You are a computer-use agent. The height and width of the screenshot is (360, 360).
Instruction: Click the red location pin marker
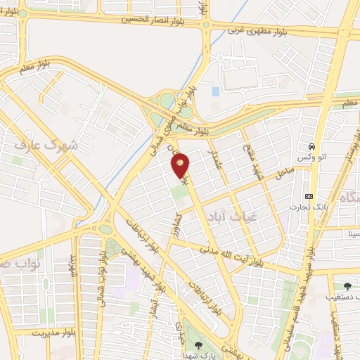(181, 165)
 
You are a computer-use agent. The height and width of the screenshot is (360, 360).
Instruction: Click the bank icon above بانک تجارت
(309, 195)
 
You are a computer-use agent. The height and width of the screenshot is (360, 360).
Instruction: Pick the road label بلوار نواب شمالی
(105, 275)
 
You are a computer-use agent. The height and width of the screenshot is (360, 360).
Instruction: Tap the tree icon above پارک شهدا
(199, 344)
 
